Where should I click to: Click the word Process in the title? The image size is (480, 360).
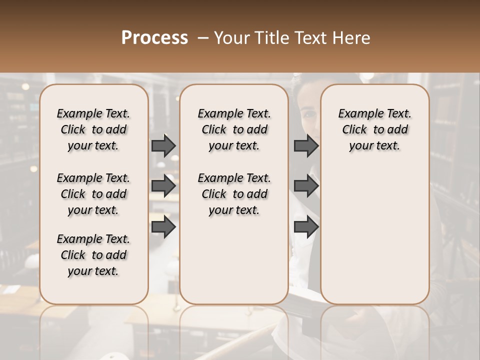154,38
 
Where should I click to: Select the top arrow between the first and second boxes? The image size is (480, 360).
163,145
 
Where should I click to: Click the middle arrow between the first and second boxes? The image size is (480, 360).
163,186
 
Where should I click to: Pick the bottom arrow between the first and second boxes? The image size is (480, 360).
163,226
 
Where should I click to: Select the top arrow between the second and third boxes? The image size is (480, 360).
306,145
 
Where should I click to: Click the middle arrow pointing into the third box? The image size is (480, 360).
306,186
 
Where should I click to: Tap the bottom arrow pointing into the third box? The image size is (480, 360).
306,226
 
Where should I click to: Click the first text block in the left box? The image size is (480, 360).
93,129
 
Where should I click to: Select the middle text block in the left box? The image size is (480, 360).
93,194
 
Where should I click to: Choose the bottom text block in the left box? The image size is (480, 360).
93,255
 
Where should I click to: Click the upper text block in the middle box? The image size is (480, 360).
234,129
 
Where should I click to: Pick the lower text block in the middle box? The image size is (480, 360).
234,194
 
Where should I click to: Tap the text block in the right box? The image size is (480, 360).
374,129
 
